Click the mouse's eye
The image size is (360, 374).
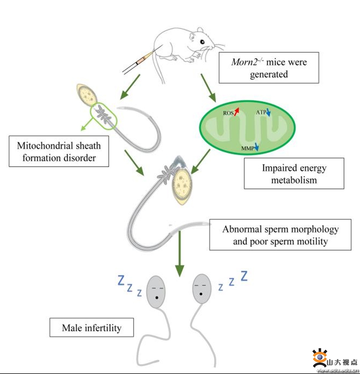point(202,42)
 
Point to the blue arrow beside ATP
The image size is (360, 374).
point(268,113)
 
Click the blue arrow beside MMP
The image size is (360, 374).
point(256,148)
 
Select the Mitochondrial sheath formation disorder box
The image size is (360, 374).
point(59,151)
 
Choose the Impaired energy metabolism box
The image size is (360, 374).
point(294,173)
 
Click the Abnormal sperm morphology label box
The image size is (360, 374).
point(280,235)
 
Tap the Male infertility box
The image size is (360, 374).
point(92,328)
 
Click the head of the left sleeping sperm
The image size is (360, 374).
point(156,291)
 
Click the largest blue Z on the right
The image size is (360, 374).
point(243,276)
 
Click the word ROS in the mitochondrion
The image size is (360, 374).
point(228,113)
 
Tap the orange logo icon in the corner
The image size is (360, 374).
point(320,358)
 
